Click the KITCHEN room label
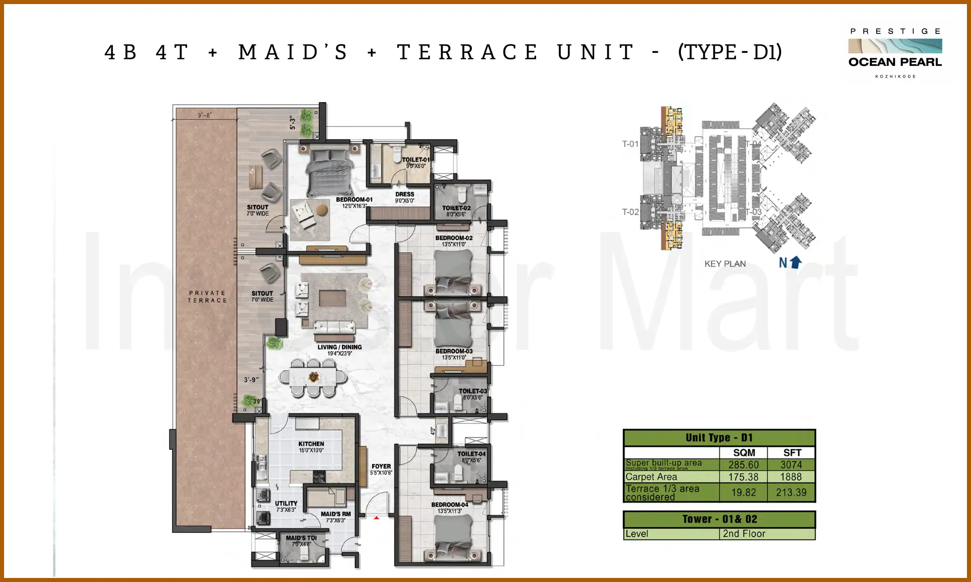(x=311, y=444)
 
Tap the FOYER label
(x=381, y=466)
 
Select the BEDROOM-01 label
(x=354, y=200)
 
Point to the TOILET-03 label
(x=473, y=391)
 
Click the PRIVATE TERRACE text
(x=207, y=297)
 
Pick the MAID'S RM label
(x=335, y=514)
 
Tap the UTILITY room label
(x=286, y=504)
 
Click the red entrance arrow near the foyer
(x=376, y=518)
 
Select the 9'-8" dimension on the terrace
(x=205, y=115)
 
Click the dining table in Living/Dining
(x=313, y=377)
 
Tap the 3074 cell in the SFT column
(x=791, y=465)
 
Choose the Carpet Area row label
(x=651, y=477)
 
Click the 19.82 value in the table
(x=743, y=492)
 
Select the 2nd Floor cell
(x=744, y=534)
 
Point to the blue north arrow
(x=795, y=262)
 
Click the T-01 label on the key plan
(x=630, y=144)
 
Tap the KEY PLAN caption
(x=725, y=264)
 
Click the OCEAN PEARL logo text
(x=895, y=62)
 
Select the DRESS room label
(x=405, y=194)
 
